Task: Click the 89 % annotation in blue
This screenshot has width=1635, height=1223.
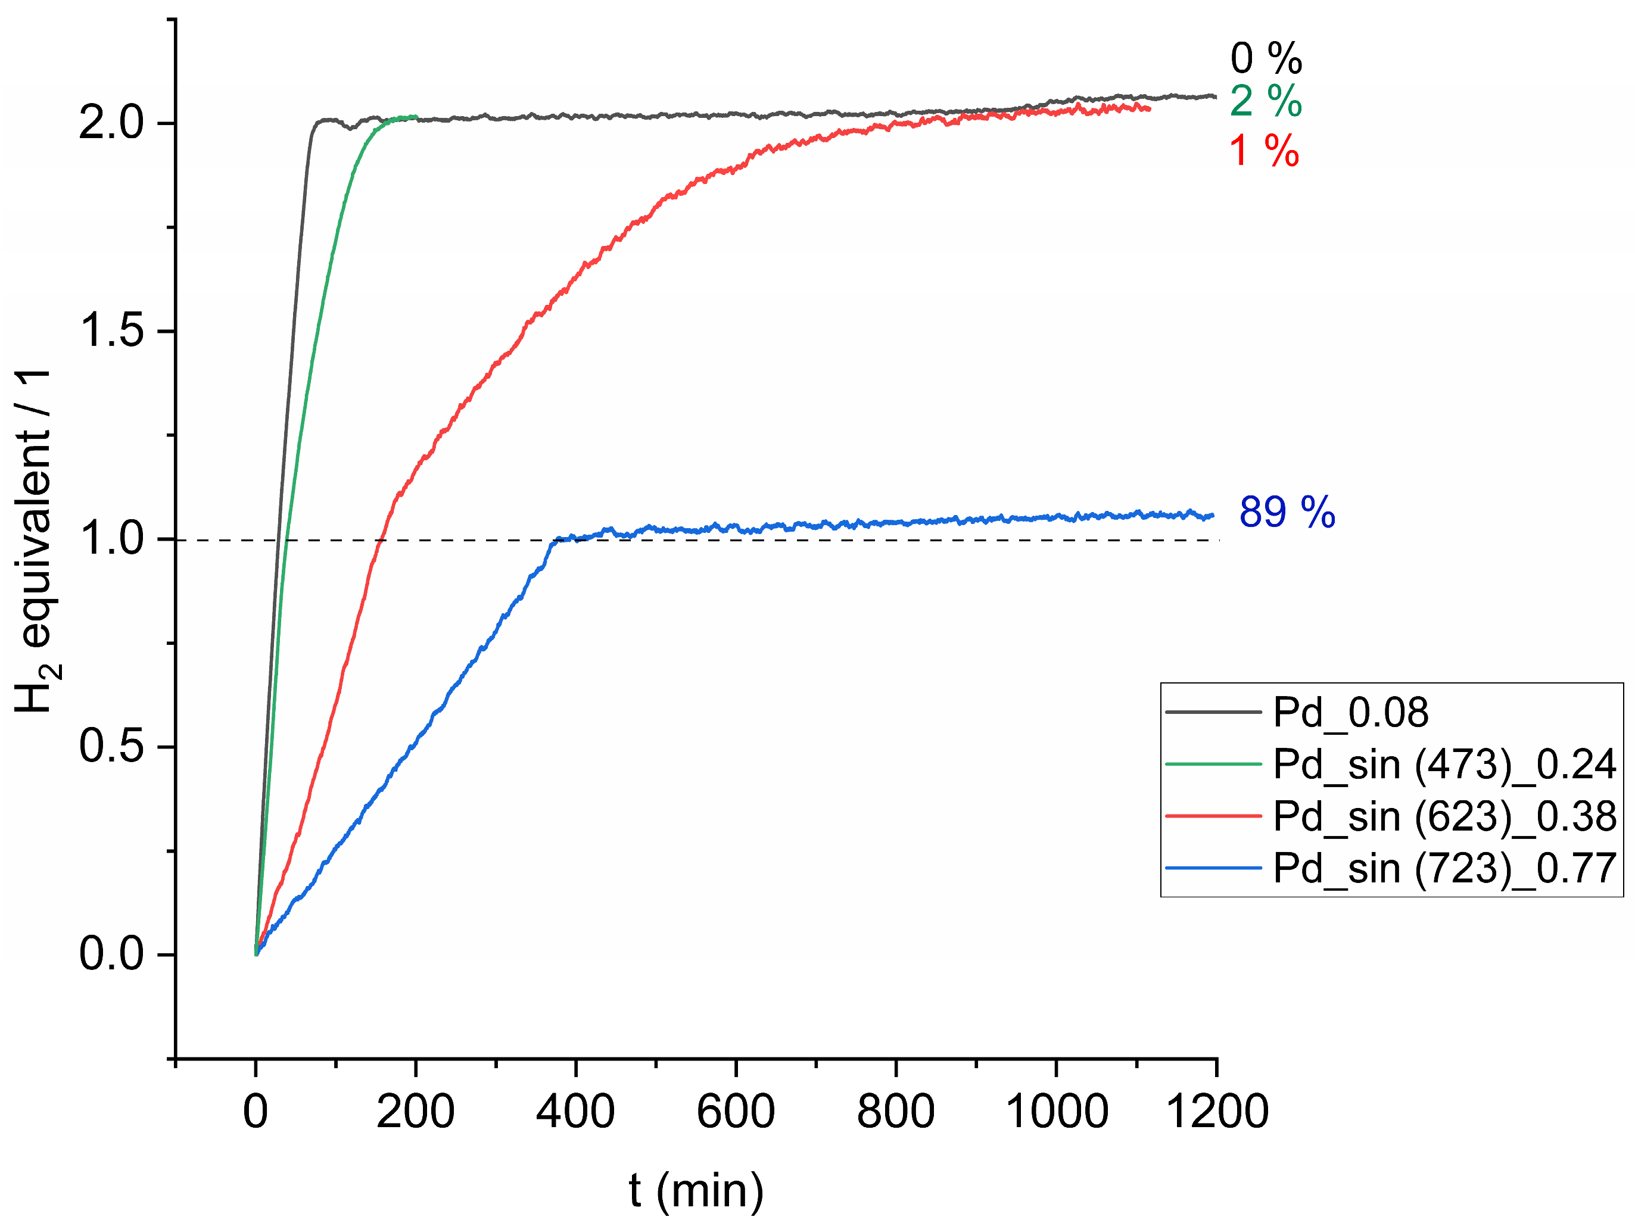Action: tap(1287, 512)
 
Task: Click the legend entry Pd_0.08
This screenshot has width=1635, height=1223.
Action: tap(1350, 712)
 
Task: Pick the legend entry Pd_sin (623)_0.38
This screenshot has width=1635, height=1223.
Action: tap(1444, 816)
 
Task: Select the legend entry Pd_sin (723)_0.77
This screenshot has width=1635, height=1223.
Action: tap(1444, 868)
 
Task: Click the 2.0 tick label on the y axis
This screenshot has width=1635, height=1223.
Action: tap(111, 123)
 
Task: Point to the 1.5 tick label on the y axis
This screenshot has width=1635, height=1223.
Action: tap(111, 330)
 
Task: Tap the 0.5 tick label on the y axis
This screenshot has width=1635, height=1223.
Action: tap(111, 746)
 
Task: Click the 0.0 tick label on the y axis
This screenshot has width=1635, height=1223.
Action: tap(111, 954)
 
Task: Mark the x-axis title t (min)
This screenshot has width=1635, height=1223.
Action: tap(696, 1190)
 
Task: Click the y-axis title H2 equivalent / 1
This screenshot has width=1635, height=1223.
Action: tap(34, 540)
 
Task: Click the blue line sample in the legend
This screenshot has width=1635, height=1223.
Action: tap(1213, 868)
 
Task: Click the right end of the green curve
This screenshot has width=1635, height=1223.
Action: tap(417, 117)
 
